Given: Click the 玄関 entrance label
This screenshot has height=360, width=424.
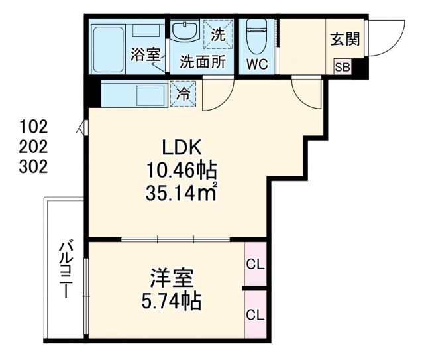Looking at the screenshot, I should pos(344,39).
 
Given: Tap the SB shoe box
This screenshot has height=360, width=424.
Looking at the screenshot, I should pos(343,66).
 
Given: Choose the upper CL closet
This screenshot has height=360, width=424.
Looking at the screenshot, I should pos(255,264).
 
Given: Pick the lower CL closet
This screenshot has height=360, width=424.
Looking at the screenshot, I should pos(255,314).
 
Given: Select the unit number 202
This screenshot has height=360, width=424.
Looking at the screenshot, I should pos(34,146).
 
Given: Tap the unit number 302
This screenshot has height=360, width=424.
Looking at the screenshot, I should pos(34,166).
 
